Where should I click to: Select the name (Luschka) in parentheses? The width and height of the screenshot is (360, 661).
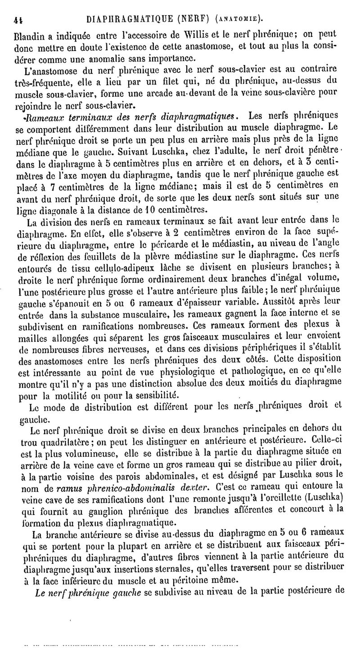tap(324, 510)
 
